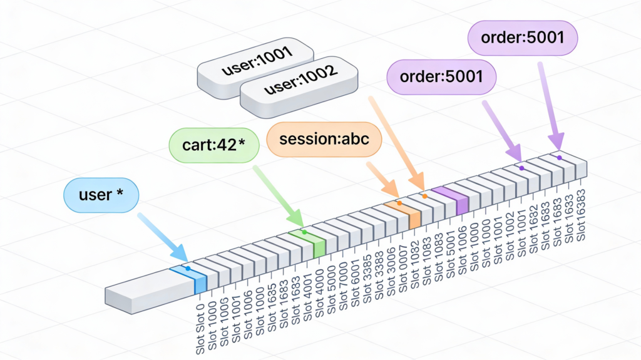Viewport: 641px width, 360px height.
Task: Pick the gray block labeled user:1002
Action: coord(300,88)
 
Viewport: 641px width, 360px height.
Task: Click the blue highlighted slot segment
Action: coord(190,278)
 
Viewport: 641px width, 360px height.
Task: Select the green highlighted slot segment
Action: coord(307,241)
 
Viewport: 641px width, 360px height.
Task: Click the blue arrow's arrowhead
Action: coord(181,254)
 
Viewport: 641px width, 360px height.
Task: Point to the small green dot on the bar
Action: coord(304,232)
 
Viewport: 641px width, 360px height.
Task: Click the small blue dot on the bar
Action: coord(188,269)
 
